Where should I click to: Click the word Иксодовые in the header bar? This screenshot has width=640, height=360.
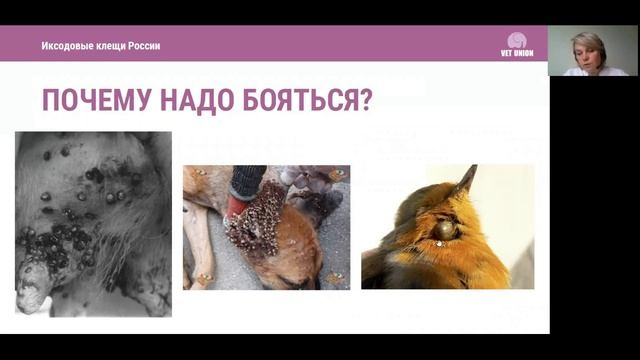69,46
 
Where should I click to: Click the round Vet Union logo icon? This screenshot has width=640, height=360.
517,40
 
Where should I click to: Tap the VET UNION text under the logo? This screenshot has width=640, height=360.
517,54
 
